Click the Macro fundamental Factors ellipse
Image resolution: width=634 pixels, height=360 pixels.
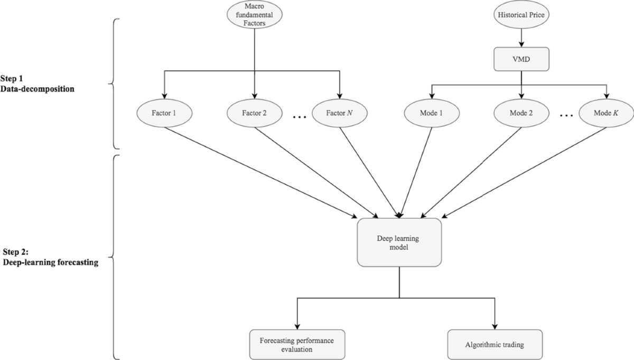[255, 16]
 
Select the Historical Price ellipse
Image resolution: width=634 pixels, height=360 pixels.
[522, 16]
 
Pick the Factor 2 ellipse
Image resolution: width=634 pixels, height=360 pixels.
[255, 114]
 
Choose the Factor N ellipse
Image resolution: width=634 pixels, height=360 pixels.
[339, 114]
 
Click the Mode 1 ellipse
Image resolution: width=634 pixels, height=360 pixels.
[433, 114]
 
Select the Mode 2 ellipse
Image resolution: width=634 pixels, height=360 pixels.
[522, 114]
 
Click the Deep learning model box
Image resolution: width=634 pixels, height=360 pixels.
[399, 242]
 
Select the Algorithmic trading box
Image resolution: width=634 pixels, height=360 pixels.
[495, 345]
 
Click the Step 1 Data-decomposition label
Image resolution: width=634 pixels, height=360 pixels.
[37, 85]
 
